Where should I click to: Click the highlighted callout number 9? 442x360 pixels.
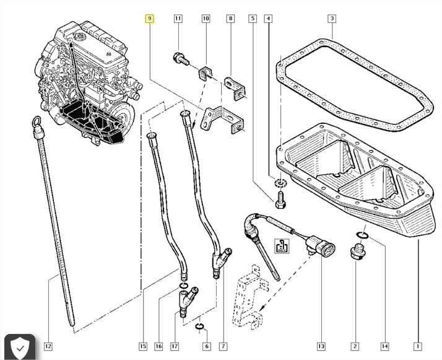coord(150,19)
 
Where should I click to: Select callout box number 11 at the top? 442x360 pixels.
coord(178,19)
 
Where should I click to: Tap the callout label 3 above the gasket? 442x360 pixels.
coord(332,19)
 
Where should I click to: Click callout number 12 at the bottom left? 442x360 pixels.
coord(48,346)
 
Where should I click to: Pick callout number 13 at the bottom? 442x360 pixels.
coord(321,346)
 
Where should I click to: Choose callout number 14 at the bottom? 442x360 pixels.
coord(385,346)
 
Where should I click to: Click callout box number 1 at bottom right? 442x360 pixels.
coord(417,346)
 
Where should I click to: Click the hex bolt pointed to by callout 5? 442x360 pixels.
coord(280,200)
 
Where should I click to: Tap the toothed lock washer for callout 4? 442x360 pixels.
coord(280,183)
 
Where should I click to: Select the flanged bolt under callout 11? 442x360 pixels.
coord(181,59)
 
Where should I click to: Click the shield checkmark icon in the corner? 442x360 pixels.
coord(20,348)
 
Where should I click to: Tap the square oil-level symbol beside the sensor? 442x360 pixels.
coord(282,245)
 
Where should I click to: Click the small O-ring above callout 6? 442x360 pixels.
coord(199,327)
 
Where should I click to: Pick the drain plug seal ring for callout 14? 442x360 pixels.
coord(362,235)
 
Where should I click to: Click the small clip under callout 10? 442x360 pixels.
coord(206,73)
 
